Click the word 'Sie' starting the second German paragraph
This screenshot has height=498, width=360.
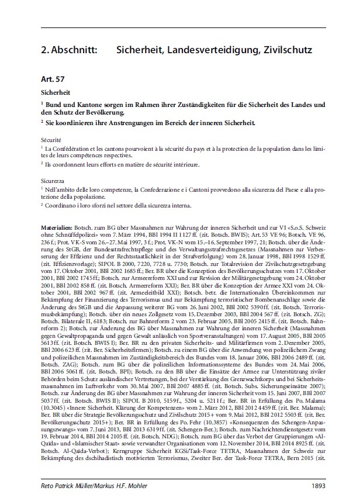point(51,123)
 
